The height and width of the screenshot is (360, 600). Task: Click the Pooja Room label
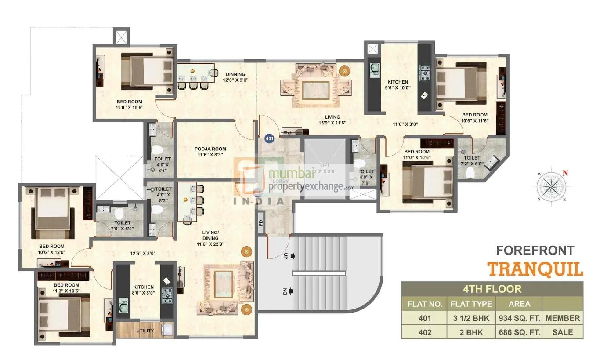(x=204, y=152)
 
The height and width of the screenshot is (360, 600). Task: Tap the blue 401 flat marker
(x=270, y=138)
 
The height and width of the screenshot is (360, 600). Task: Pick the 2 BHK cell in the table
(x=471, y=332)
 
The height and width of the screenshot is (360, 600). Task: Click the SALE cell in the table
(x=563, y=332)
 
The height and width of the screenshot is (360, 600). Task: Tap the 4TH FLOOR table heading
(x=492, y=289)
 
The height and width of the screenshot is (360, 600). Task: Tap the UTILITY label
(x=145, y=330)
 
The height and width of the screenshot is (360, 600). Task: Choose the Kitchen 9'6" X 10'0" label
(x=398, y=85)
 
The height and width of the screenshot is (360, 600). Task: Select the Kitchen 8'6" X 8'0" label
(x=144, y=291)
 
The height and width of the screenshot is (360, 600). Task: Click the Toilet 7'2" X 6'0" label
(x=472, y=160)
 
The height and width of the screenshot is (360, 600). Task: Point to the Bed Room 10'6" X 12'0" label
(x=51, y=249)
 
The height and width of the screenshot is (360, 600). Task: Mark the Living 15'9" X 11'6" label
(x=333, y=120)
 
